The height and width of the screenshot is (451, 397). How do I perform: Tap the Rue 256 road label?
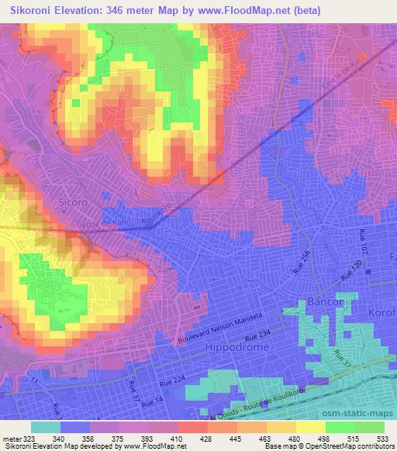(x=304, y=263)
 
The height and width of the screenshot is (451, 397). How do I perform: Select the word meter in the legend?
(x=11, y=438)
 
